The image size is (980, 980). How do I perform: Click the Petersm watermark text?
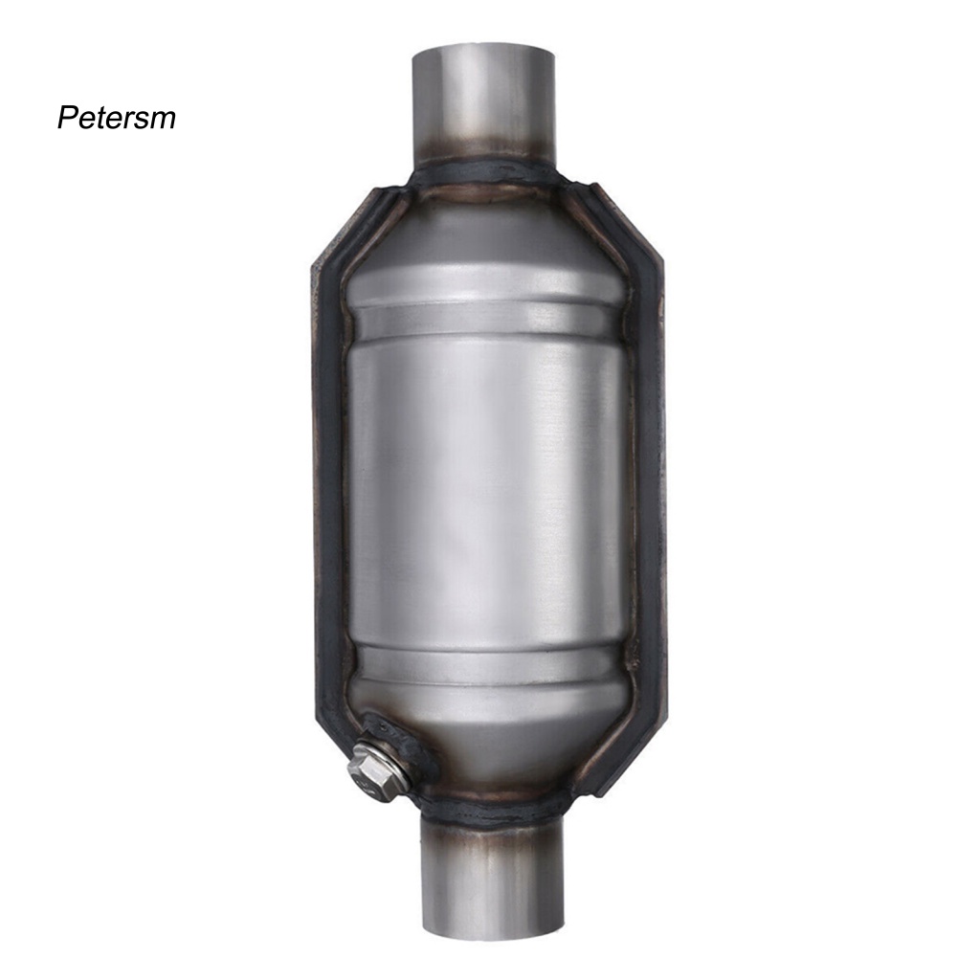pos(116,118)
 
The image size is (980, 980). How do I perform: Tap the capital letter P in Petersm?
pos(66,118)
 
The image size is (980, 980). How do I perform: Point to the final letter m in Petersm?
pos(165,121)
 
